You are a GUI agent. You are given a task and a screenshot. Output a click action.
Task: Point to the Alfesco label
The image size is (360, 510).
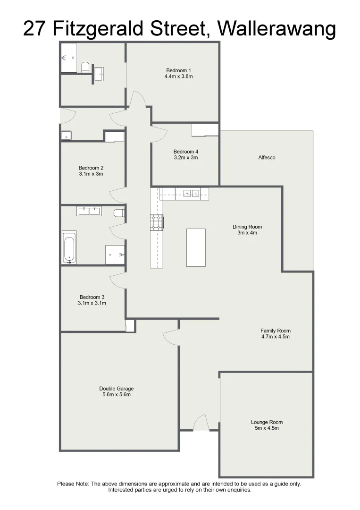(x=267, y=158)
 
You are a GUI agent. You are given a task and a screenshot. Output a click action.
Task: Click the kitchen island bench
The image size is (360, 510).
(x=196, y=247)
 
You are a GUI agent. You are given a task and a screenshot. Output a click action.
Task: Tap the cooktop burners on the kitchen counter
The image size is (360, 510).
(x=156, y=222)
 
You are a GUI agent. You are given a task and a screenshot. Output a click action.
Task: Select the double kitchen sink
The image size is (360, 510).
(x=192, y=193)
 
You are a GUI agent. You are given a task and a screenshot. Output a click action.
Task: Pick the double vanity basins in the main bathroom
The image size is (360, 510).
(x=88, y=211)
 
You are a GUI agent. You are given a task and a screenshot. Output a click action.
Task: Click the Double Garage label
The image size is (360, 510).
(x=117, y=389)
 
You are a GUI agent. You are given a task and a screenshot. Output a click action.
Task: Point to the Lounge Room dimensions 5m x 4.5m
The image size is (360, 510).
(x=267, y=428)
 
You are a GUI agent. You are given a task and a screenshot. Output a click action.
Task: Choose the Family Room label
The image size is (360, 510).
(x=276, y=331)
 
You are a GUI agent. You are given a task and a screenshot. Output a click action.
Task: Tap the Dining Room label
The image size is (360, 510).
(x=247, y=227)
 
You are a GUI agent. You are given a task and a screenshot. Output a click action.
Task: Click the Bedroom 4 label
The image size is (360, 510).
(x=185, y=152)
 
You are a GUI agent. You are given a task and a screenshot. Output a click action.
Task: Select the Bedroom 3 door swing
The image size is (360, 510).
(x=117, y=280)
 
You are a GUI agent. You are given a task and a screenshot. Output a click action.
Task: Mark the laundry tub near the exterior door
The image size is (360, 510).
(x=66, y=136)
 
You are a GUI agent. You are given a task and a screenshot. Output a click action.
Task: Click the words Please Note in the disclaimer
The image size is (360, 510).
(x=73, y=484)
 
